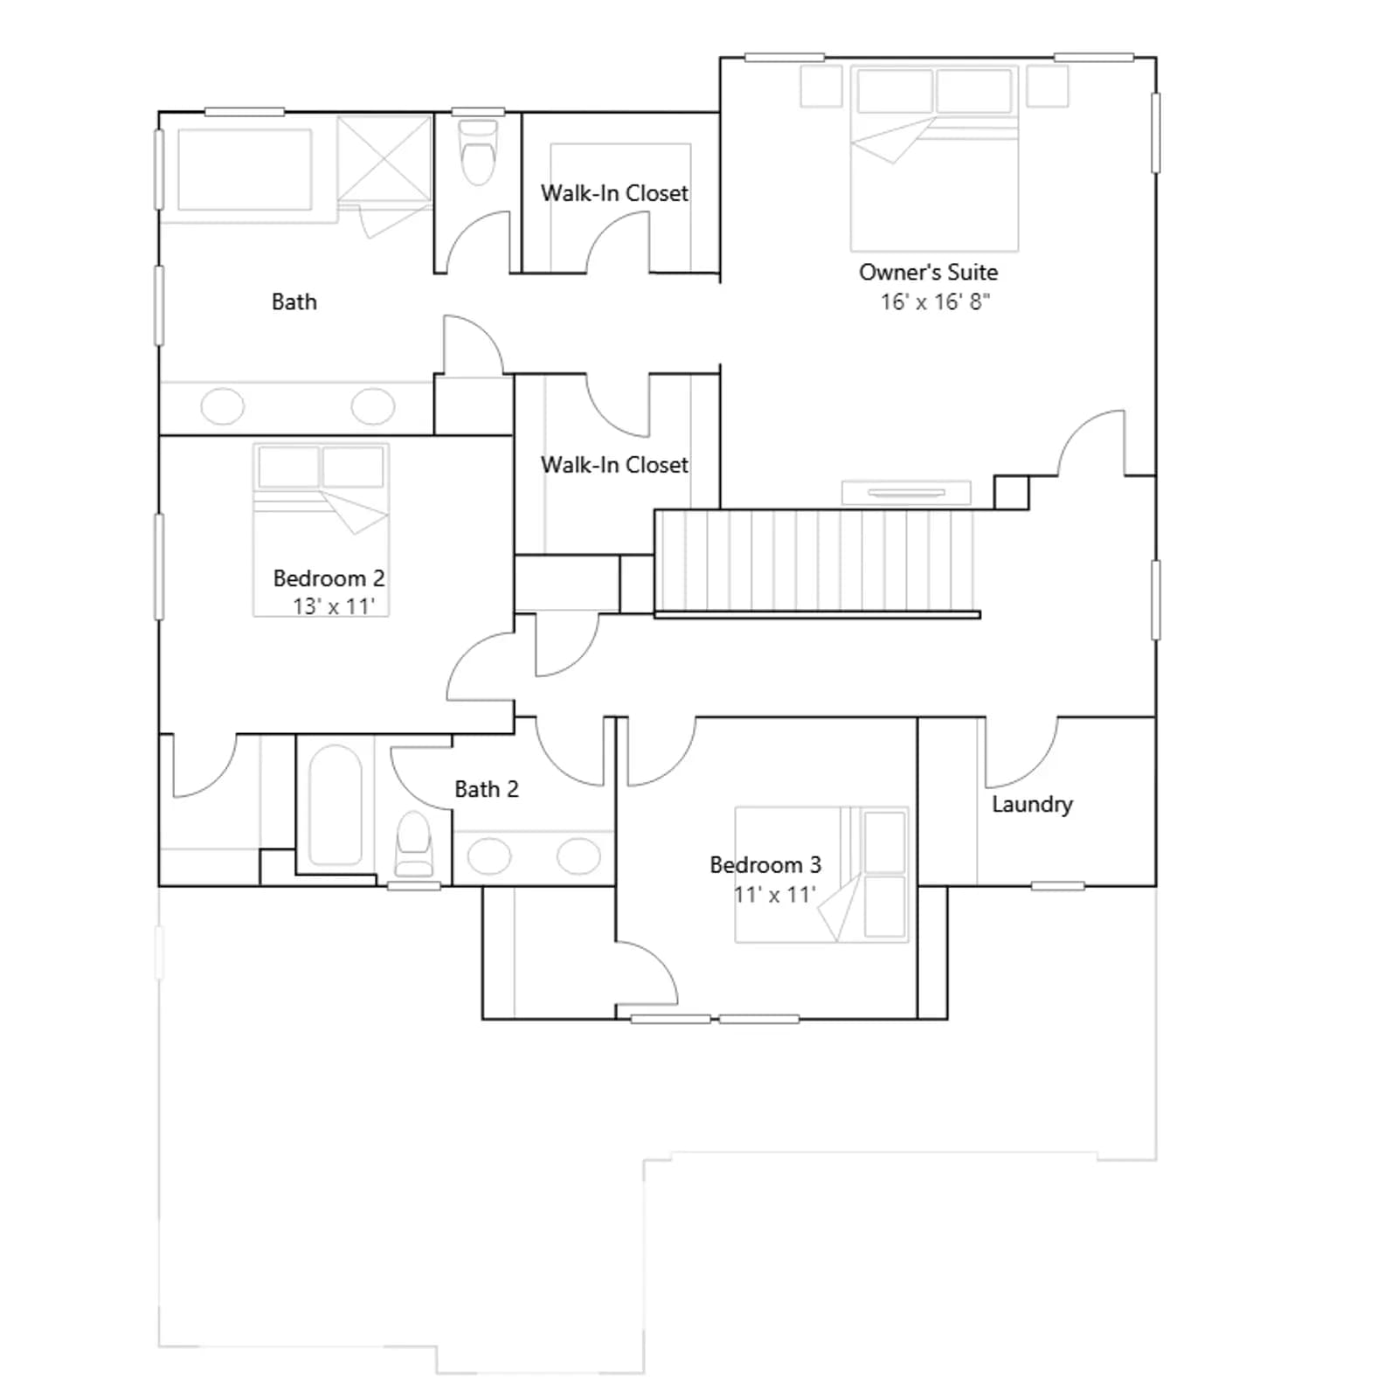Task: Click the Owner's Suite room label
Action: (928, 272)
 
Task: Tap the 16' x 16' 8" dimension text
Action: (935, 301)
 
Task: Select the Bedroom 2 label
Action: (329, 578)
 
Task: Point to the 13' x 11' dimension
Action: (334, 606)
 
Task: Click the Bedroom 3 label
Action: (765, 864)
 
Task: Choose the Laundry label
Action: (1032, 804)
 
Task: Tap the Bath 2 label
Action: (487, 789)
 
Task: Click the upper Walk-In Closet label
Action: (614, 192)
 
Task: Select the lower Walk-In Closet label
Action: (614, 464)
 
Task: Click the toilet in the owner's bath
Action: (478, 152)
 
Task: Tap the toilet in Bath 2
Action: (413, 844)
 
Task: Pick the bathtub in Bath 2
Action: (336, 805)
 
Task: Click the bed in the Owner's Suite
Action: (934, 158)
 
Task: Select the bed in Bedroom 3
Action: (821, 875)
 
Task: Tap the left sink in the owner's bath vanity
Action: (223, 406)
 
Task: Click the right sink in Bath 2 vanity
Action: (578, 856)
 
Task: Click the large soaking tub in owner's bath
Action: (245, 170)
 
